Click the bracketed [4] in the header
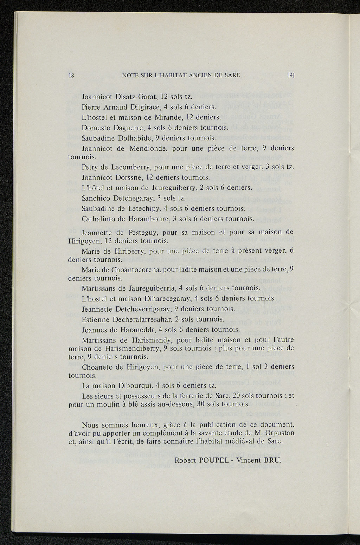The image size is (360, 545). pos(291,75)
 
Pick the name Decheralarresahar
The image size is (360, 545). pos(142,319)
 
